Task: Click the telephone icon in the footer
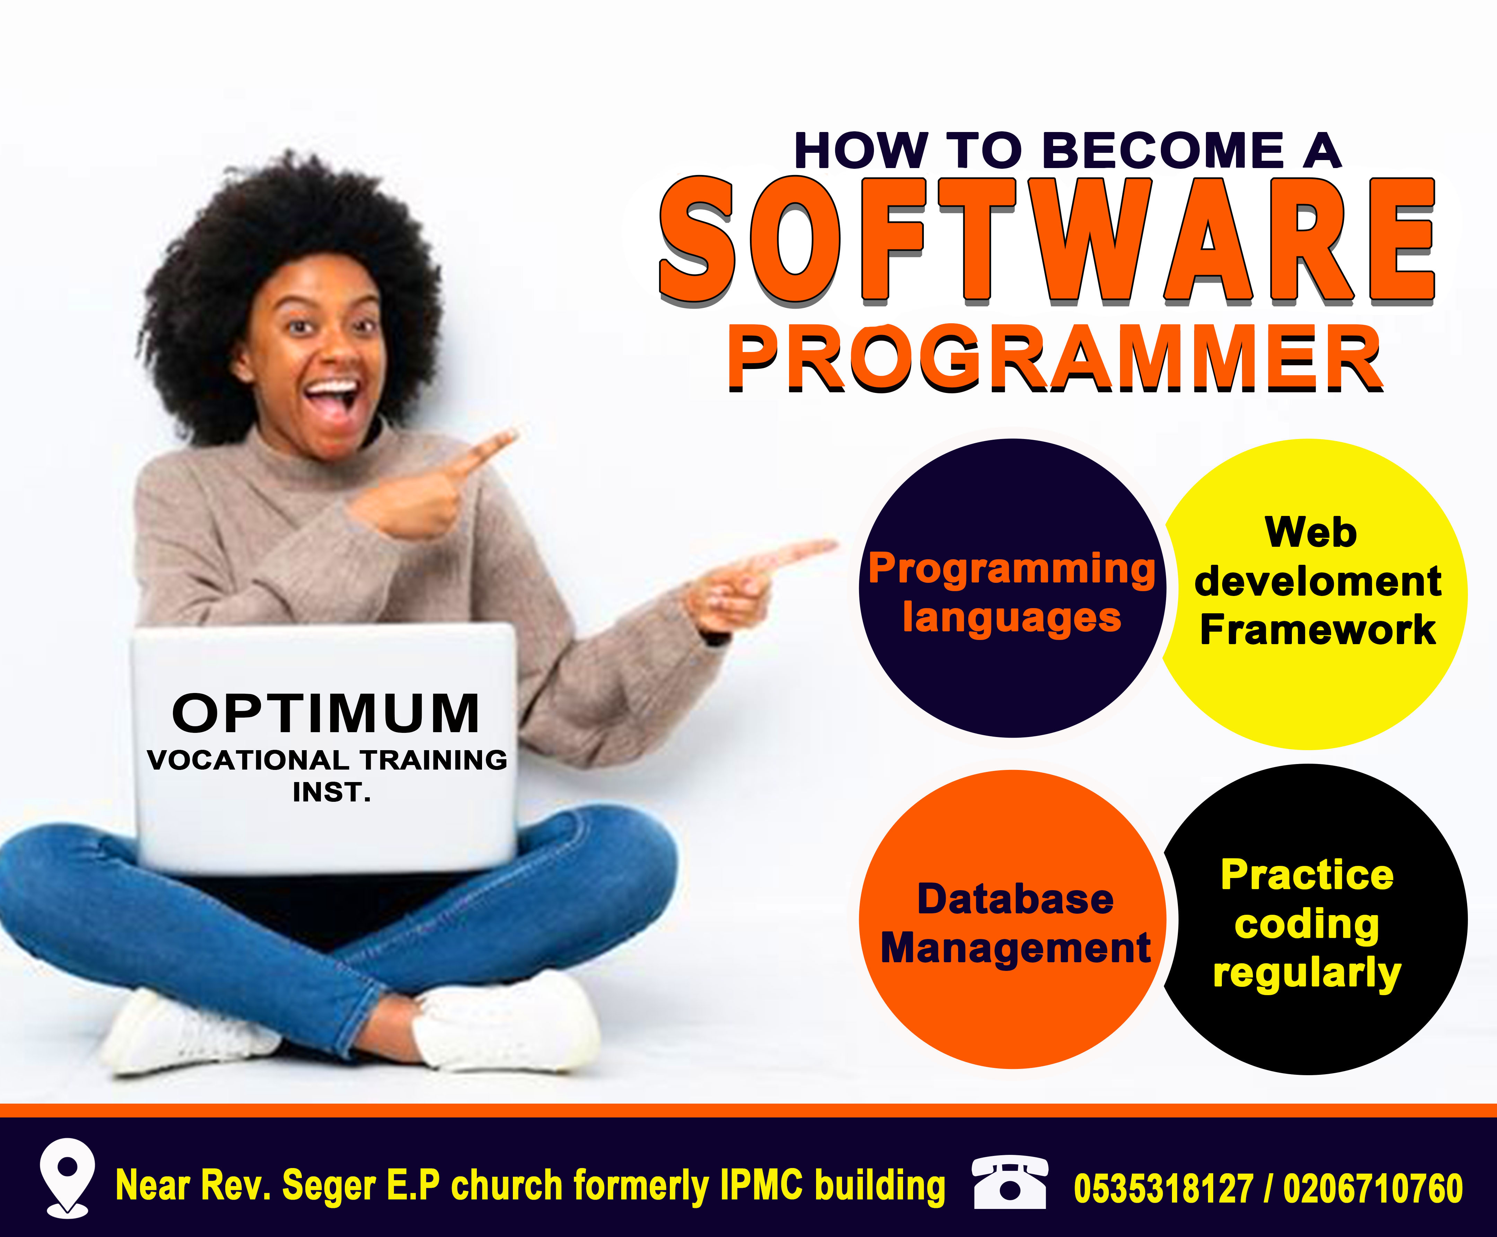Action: (1010, 1183)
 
